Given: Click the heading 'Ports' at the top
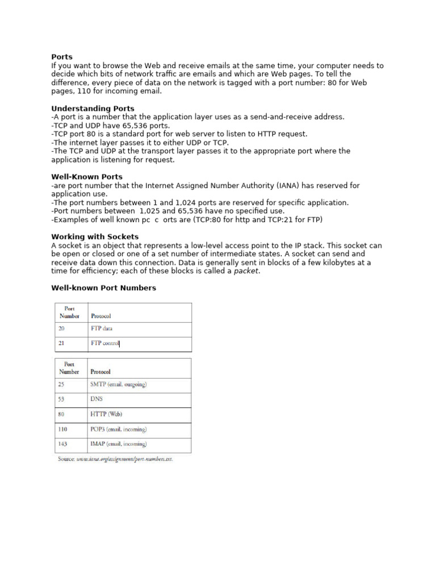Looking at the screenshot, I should pyautogui.click(x=62, y=57).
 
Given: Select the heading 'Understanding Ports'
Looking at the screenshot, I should pyautogui.click(x=93, y=108).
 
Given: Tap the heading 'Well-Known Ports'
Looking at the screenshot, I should pyautogui.click(x=87, y=177).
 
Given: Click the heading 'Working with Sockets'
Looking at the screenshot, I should pyautogui.click(x=95, y=236).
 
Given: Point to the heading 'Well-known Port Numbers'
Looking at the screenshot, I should pyautogui.click(x=103, y=288).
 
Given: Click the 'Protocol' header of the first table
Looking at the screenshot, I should pyautogui.click(x=101, y=316).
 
